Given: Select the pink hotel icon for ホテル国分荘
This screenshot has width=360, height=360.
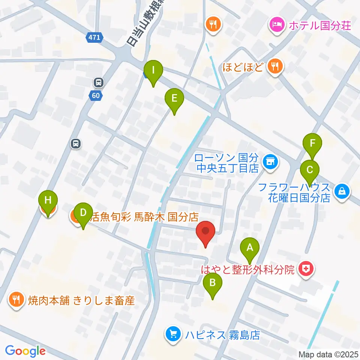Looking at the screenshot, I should tap(277, 26).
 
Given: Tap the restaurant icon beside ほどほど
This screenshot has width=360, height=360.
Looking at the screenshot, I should tap(276, 67).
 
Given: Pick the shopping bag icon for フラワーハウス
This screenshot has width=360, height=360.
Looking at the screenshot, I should tap(342, 192).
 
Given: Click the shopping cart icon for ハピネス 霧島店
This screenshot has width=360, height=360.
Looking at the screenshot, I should tap(173, 333).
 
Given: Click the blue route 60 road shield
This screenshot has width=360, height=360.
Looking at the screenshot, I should tap(96, 96).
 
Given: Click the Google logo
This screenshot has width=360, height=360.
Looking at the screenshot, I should tap(25, 351).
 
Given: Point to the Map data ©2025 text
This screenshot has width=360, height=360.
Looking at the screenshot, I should tap(328, 354).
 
